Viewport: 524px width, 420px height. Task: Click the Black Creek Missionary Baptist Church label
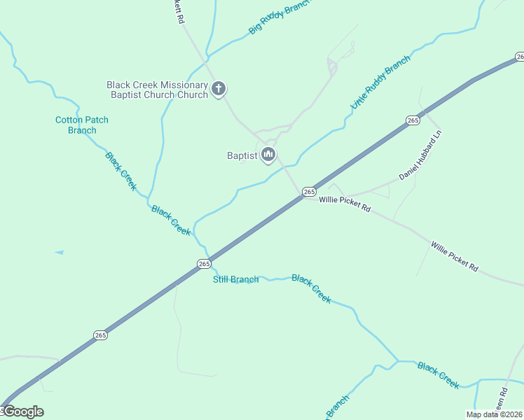(157, 90)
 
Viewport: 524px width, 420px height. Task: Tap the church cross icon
(219, 89)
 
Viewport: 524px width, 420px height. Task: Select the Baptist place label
(242, 155)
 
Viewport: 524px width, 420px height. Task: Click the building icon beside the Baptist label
(268, 155)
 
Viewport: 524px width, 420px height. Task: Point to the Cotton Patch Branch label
(82, 125)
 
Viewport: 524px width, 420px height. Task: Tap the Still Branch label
(236, 280)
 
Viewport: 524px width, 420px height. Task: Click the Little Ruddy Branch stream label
(380, 83)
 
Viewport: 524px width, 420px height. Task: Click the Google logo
(22, 412)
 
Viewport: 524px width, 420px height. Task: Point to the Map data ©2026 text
(493, 414)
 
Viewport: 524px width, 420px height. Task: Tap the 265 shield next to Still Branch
(204, 264)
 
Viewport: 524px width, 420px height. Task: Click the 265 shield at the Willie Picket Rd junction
(309, 191)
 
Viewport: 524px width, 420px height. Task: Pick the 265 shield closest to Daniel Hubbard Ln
(413, 121)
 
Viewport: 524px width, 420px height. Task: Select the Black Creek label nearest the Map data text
(439, 375)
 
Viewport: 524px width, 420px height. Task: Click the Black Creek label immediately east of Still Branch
(311, 288)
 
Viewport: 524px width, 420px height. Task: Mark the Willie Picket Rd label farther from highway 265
(455, 257)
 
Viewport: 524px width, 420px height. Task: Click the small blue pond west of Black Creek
(59, 252)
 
